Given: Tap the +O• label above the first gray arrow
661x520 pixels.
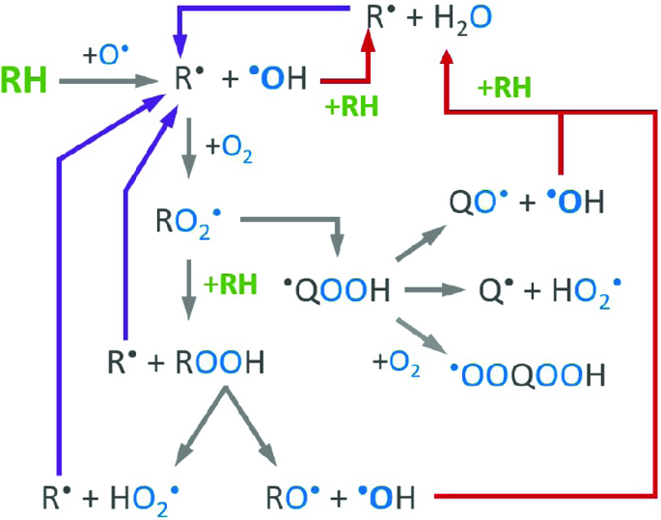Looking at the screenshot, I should click(100, 55).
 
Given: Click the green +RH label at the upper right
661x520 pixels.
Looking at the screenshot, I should click(504, 89).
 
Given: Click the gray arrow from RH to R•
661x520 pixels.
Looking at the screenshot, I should click(97, 82).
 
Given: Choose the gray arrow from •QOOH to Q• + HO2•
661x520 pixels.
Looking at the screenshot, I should click(436, 288).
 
